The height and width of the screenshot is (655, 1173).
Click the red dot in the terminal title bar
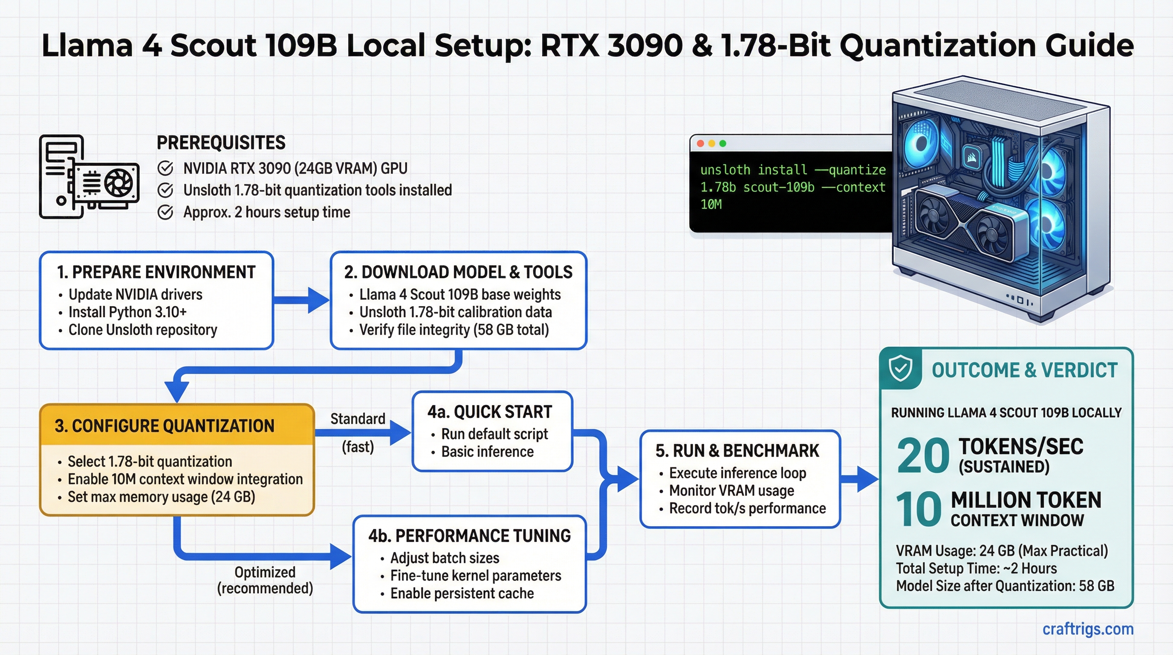[700, 143]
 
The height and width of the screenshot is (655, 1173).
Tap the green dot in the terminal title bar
[722, 143]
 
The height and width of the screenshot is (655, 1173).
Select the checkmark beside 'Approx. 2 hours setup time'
[165, 212]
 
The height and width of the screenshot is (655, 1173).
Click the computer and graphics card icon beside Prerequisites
[89, 177]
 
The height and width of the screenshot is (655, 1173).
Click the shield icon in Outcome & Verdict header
[900, 368]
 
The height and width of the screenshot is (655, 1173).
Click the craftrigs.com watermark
[1087, 629]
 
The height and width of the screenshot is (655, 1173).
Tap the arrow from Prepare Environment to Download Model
[301, 300]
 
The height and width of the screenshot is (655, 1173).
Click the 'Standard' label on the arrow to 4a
[358, 419]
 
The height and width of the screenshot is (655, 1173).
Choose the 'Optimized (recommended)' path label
[265, 580]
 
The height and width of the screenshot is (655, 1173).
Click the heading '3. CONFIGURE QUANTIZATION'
[165, 426]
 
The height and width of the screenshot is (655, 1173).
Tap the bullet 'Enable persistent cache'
[462, 594]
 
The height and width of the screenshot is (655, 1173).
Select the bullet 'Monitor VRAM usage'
[731, 490]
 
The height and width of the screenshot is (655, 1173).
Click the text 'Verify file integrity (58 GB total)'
[454, 330]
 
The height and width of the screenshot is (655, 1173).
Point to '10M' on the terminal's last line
[711, 205]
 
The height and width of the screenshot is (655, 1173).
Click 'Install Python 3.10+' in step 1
[127, 313]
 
